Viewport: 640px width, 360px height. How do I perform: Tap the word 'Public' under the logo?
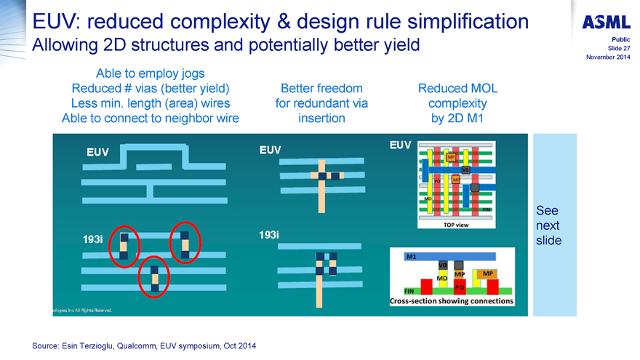point(620,39)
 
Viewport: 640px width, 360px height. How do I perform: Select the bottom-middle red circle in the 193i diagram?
point(153,276)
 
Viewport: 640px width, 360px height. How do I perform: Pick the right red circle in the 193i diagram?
point(185,243)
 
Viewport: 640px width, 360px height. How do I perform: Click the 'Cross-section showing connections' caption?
point(452,300)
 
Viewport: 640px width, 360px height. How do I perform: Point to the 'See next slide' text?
point(548,225)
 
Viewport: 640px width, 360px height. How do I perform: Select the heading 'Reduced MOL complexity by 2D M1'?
point(457,103)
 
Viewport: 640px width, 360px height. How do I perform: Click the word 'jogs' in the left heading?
point(191,73)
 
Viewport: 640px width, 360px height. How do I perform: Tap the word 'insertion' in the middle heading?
point(321,118)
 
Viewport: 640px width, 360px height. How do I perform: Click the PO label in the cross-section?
point(460,288)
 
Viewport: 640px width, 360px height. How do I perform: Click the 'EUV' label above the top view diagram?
point(401,145)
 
